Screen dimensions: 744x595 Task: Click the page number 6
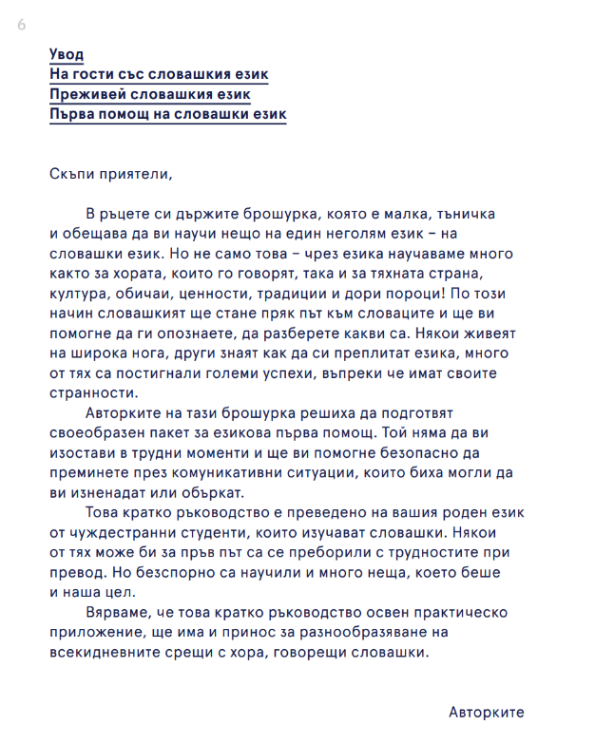click(21, 25)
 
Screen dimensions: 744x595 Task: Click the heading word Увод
click(67, 54)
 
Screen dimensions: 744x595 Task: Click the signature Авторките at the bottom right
click(486, 712)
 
